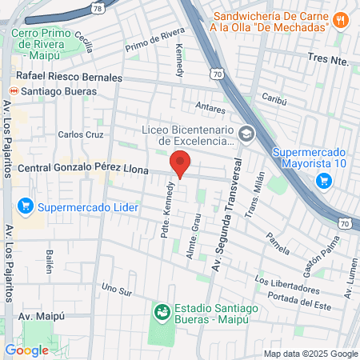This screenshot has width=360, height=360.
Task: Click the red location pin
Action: pyautogui.click(x=181, y=163)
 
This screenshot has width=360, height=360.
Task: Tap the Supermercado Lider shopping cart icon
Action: pyautogui.click(x=25, y=207)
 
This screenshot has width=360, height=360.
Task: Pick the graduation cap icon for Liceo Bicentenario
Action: pyautogui.click(x=246, y=134)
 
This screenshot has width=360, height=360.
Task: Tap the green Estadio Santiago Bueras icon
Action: pyautogui.click(x=162, y=310)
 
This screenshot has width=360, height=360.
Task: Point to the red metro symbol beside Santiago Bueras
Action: pyautogui.click(x=10, y=90)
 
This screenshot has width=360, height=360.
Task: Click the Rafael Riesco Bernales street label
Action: pyautogui.click(x=65, y=78)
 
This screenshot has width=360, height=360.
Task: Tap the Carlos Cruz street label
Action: pyautogui.click(x=81, y=135)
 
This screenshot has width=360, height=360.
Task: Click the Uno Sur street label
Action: pyautogui.click(x=115, y=288)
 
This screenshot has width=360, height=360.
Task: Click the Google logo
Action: pyautogui.click(x=27, y=350)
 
